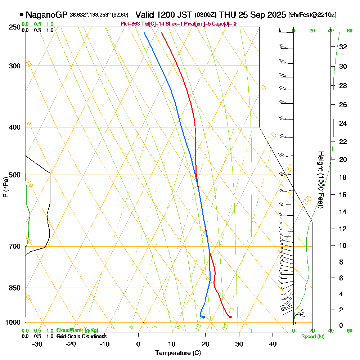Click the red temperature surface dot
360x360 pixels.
tap(230, 317)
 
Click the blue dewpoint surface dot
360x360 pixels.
tap(203, 317)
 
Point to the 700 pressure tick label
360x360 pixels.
tap(15, 247)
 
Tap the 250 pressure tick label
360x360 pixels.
tap(15, 27)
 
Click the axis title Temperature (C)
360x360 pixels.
tap(178, 353)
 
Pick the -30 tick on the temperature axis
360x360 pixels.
tap(37, 344)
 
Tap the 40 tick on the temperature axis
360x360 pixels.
tap(273, 344)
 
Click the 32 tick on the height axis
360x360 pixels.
tap(343, 47)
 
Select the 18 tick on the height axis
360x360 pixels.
tap(343, 177)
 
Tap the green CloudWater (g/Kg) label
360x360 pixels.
tap(77, 330)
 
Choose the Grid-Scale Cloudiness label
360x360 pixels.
tap(81, 336)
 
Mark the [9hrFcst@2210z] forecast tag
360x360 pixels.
tap(312, 15)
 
